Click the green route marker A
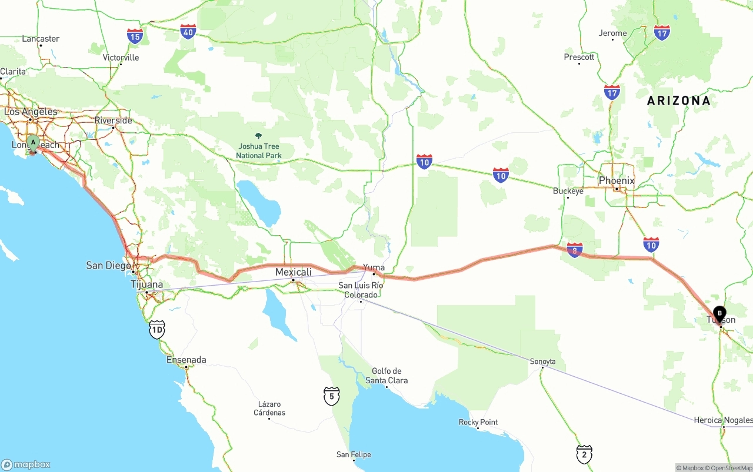[33, 142]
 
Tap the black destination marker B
[719, 313]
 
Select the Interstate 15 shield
[135, 36]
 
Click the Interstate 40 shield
[188, 32]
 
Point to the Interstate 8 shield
[575, 250]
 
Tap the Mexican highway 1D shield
[156, 330]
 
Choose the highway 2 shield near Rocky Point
[584, 454]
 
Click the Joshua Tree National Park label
[259, 151]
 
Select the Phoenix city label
[617, 180]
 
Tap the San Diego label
[108, 266]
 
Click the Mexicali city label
[294, 272]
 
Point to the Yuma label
[374, 267]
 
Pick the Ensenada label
[186, 360]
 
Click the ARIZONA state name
[678, 101]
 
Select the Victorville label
[121, 58]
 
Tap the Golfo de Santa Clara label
[387, 376]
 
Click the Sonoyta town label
[542, 361]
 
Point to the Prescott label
[579, 57]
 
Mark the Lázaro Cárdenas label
[270, 409]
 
